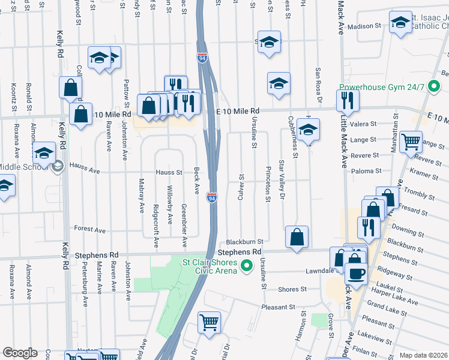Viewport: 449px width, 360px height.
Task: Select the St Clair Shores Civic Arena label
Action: (x=209, y=265)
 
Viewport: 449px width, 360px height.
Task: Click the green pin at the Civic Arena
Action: (x=246, y=265)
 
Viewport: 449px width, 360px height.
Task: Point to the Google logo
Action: (x=19, y=353)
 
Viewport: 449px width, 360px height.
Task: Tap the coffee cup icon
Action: (x=355, y=273)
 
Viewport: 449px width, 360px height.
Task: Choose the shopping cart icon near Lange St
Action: (x=411, y=142)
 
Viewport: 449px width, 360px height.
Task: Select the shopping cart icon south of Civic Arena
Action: (x=208, y=322)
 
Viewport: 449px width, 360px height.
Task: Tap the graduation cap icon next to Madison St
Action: (x=399, y=23)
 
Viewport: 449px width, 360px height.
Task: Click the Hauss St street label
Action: (x=169, y=172)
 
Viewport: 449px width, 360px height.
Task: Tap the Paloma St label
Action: (x=369, y=171)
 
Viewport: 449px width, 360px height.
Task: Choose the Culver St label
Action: (x=242, y=187)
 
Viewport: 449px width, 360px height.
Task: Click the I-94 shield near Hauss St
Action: (x=211, y=197)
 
